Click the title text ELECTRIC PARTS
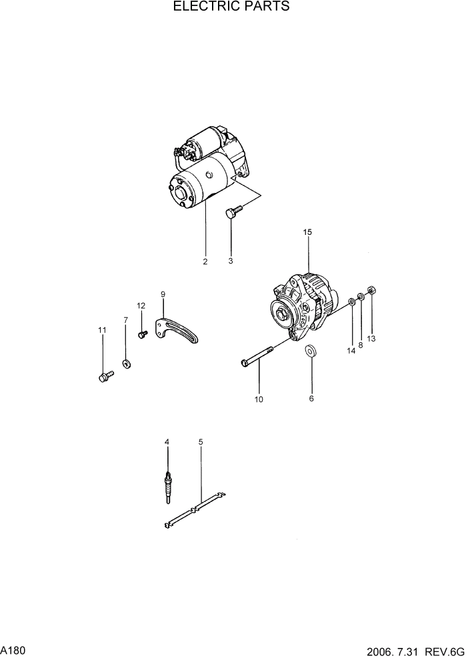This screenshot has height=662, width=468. pos(231,7)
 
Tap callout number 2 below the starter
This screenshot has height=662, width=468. pos(205,262)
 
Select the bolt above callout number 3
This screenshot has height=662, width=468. pos(233,212)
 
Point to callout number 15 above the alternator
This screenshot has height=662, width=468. pos(307,232)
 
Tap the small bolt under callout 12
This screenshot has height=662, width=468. pos(142,334)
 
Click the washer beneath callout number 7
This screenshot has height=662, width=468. pos(126,364)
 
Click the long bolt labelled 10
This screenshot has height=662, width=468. pos(257,356)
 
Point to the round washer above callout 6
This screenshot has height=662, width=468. pos(311,351)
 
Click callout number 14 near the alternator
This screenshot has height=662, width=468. pos(351,351)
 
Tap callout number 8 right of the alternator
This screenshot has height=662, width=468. pos(361,345)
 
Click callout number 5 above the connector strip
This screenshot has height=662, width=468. pos(201,442)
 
